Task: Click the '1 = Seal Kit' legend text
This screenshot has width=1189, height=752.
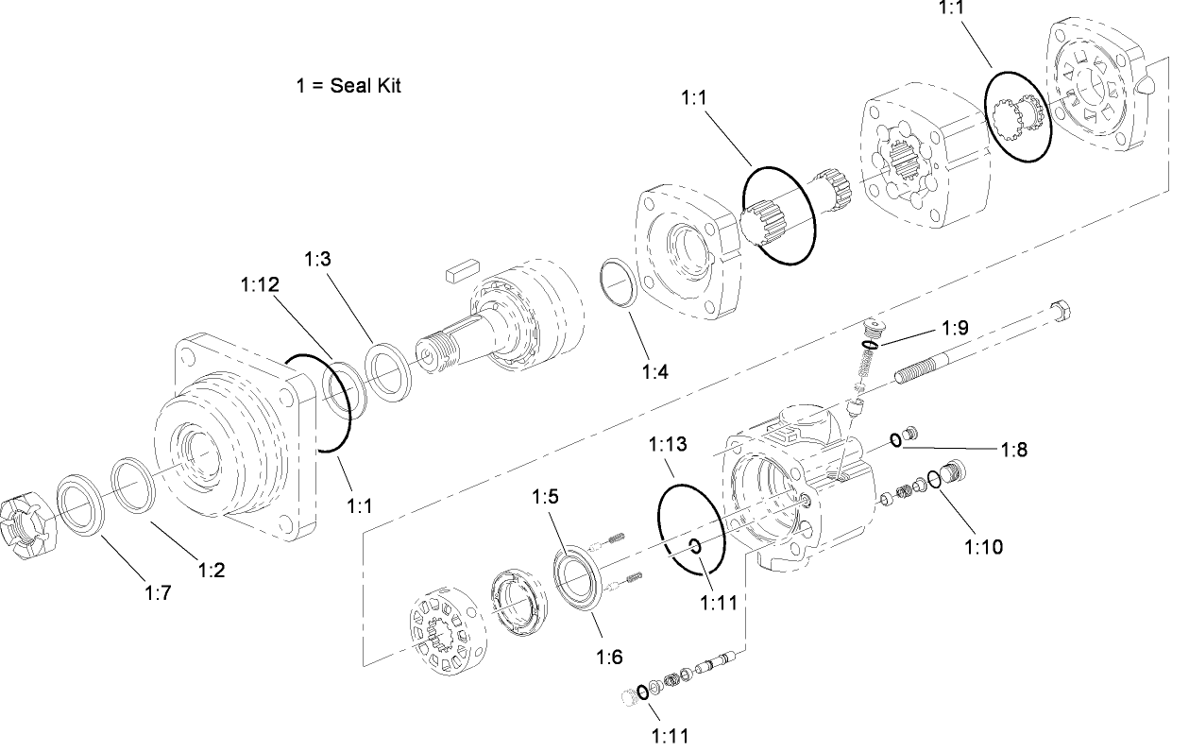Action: pyautogui.click(x=348, y=85)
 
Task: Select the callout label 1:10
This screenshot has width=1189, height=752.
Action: pyautogui.click(x=983, y=545)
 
